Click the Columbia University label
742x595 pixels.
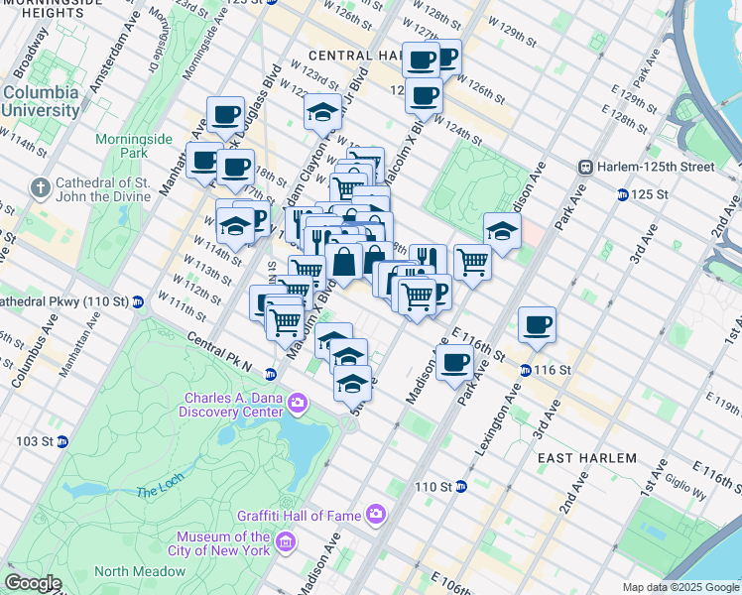coord(41,100)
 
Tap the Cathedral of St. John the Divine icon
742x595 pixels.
coord(39,187)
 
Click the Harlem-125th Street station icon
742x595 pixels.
coord(586,167)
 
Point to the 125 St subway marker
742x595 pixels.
coord(621,194)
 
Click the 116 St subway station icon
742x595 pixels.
coord(526,370)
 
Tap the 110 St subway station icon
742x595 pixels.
coord(461,487)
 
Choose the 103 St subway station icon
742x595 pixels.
coord(62,441)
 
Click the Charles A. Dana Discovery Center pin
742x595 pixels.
coord(298,401)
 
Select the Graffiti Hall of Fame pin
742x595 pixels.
coord(375,514)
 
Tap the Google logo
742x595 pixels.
coord(34,583)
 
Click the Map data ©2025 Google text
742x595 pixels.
coord(680,587)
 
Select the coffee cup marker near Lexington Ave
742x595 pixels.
coord(537,324)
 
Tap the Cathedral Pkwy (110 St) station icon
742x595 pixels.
coord(138,300)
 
